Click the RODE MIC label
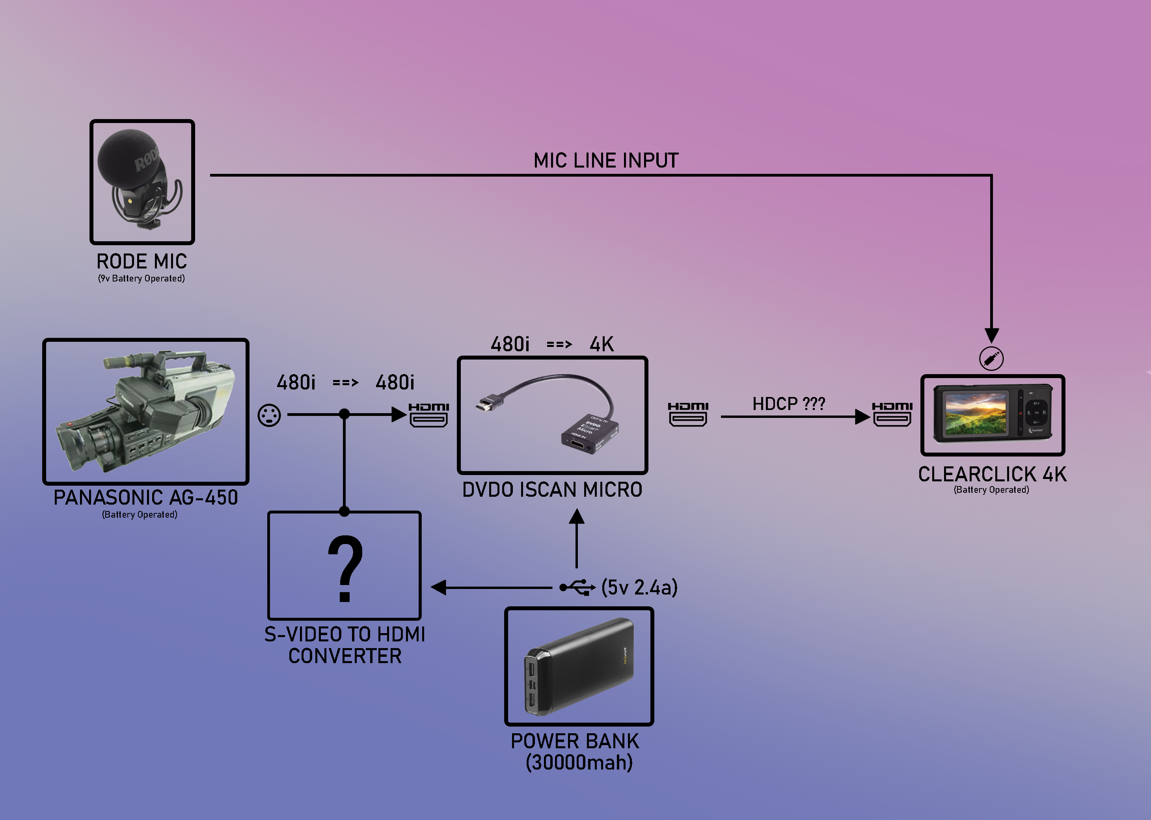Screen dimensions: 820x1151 click(x=142, y=261)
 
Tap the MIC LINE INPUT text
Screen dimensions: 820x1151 click(x=606, y=160)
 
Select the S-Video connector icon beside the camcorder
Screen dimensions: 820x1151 click(x=269, y=416)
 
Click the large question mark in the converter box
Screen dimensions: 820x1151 click(x=345, y=568)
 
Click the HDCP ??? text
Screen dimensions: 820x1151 click(x=788, y=404)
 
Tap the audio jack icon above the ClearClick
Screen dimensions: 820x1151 click(x=991, y=359)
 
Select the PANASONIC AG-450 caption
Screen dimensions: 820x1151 click(x=145, y=498)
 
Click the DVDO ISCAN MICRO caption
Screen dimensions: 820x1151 click(x=552, y=490)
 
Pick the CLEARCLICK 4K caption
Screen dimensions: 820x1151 click(x=992, y=475)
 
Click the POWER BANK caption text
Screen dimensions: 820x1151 click(x=575, y=741)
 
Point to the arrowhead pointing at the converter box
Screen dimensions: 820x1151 click(x=439, y=587)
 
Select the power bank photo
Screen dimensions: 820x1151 click(x=579, y=667)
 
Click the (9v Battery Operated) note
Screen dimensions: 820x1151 click(x=142, y=279)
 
